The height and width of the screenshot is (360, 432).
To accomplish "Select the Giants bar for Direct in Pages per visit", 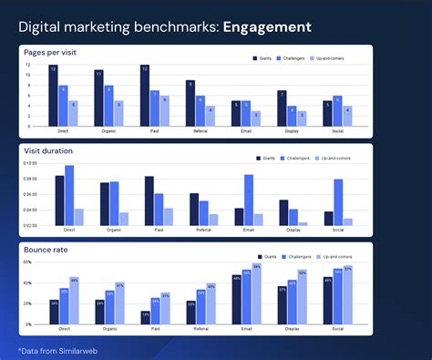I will point(54,96).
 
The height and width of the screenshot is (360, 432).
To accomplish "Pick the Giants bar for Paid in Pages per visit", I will point(145,96).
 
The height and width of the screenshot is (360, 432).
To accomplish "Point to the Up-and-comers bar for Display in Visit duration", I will point(303,223).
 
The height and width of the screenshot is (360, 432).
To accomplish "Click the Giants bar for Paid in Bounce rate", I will point(145,318).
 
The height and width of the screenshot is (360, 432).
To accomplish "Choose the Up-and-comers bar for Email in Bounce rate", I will point(257,294).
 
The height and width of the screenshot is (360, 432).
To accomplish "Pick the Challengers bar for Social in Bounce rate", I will point(337,297).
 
